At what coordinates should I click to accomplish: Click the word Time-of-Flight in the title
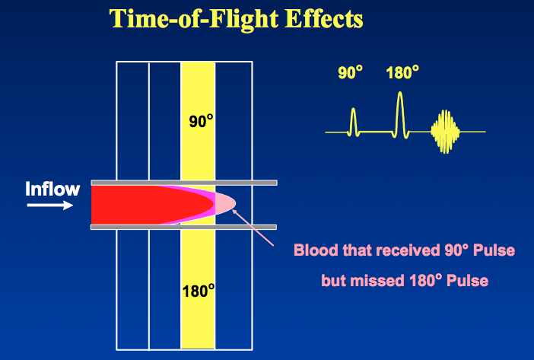pyautogui.click(x=194, y=19)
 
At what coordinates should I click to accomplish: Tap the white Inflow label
pyautogui.click(x=52, y=189)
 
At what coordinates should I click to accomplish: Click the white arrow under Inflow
pyautogui.click(x=50, y=205)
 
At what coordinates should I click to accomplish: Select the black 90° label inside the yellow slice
pyautogui.click(x=201, y=121)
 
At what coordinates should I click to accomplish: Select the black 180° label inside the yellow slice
pyautogui.click(x=199, y=291)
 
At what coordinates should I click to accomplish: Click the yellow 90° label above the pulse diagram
pyautogui.click(x=350, y=72)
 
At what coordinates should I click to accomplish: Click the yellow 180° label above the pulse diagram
pyautogui.click(x=402, y=72)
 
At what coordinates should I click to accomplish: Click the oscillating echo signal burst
pyautogui.click(x=445, y=132)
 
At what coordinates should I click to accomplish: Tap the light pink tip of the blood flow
pyautogui.click(x=225, y=204)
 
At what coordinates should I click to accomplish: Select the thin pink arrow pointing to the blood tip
pyautogui.click(x=253, y=227)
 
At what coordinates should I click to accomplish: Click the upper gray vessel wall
pyautogui.click(x=184, y=183)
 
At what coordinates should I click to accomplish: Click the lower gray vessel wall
pyautogui.click(x=183, y=227)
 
